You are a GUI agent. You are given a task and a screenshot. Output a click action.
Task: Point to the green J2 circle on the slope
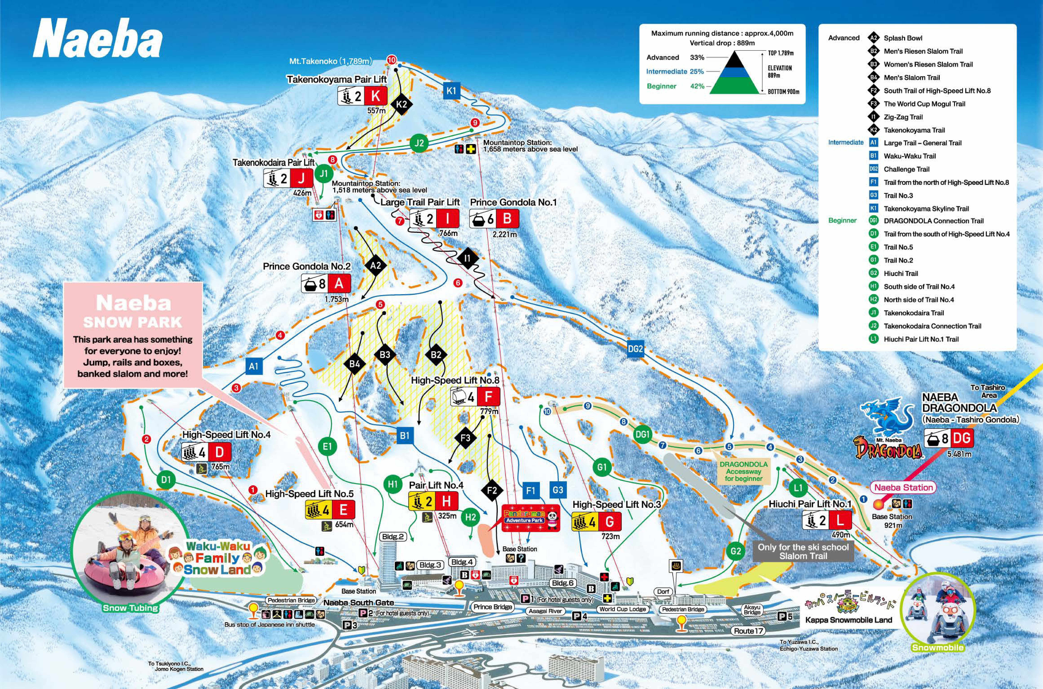pyautogui.click(x=419, y=143)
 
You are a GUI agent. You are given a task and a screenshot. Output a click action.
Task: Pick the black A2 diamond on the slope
pyautogui.click(x=375, y=265)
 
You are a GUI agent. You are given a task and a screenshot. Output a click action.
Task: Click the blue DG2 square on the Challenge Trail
pyautogui.click(x=635, y=349)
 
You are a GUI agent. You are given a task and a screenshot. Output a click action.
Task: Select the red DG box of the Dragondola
pyautogui.click(x=961, y=438)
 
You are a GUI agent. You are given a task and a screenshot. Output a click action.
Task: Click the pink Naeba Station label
pyautogui.click(x=903, y=487)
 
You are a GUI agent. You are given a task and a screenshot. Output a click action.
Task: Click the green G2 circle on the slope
pyautogui.click(x=736, y=551)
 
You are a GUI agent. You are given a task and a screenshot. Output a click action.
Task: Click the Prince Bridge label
pyautogui.click(x=493, y=607)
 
